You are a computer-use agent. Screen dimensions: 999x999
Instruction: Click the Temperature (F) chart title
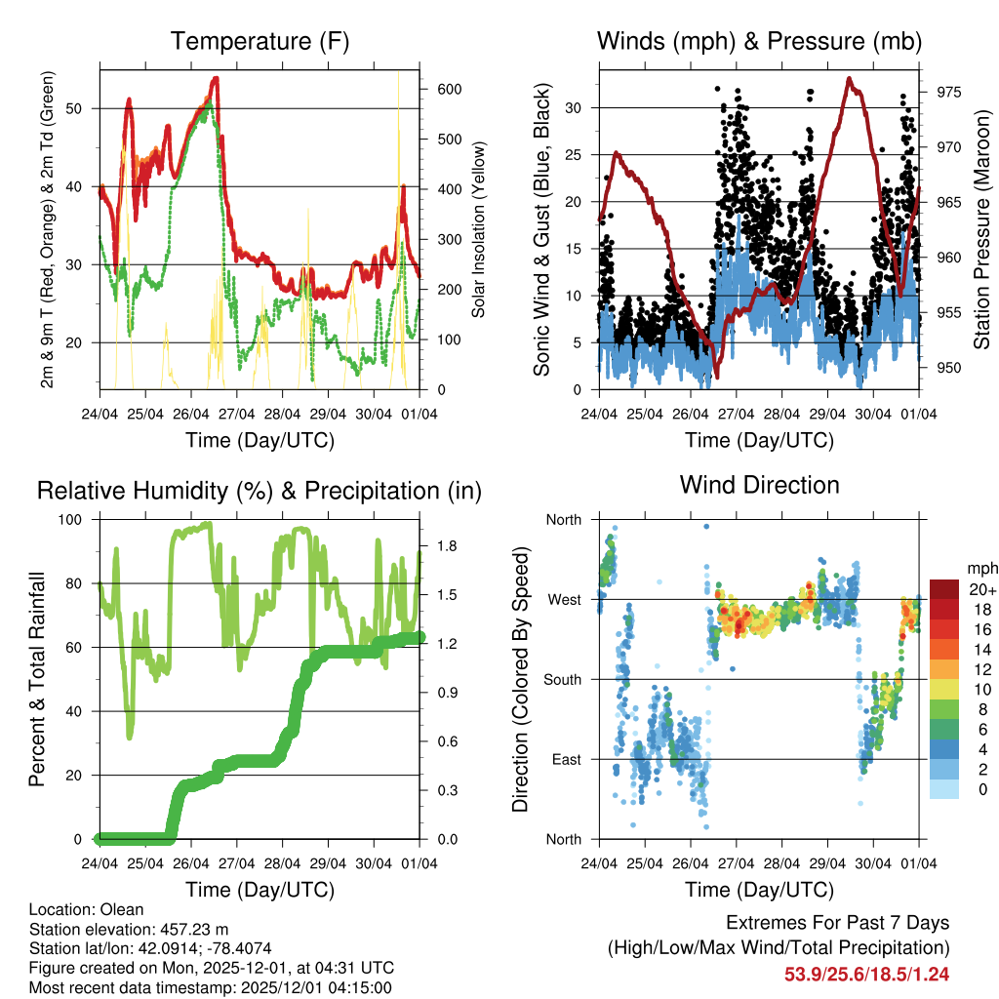click(260, 41)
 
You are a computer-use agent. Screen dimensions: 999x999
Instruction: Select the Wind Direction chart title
click(759, 485)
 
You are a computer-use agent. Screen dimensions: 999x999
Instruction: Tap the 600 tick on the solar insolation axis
click(448, 89)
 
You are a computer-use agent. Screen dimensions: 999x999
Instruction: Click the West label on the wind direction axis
click(564, 599)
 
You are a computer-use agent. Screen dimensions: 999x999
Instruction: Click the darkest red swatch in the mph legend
click(944, 588)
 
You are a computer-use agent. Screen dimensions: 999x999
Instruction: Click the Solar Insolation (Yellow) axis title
click(479, 229)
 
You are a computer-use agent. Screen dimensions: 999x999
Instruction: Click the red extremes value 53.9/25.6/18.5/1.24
click(866, 974)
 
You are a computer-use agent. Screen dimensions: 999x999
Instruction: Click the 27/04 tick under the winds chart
click(736, 413)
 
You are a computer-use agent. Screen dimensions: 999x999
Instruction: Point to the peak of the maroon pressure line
click(850, 79)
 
